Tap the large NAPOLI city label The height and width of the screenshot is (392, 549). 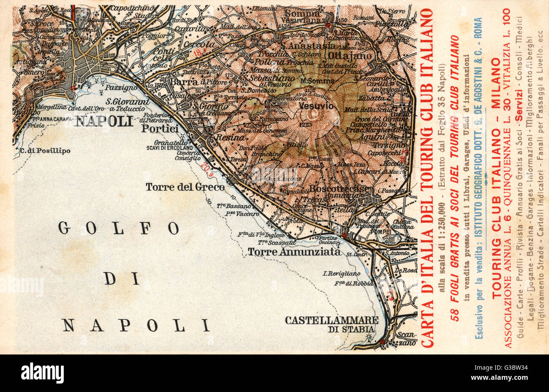click(x=104, y=122)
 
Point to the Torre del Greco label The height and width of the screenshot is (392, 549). click(x=185, y=187)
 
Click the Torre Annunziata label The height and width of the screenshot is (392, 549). click(x=294, y=252)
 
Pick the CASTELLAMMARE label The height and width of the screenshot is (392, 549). click(x=331, y=320)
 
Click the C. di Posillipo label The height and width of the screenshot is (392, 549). click(x=45, y=150)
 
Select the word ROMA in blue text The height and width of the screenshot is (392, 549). click(x=478, y=28)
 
